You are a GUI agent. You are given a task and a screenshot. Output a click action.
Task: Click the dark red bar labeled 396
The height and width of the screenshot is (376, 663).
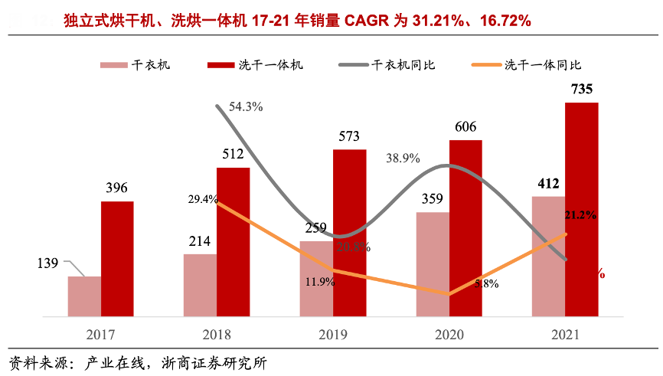click(x=117, y=259)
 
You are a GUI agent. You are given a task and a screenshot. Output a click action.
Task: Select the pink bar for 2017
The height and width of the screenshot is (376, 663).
click(x=84, y=296)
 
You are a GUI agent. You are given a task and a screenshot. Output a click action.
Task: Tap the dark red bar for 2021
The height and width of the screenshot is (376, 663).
click(x=581, y=209)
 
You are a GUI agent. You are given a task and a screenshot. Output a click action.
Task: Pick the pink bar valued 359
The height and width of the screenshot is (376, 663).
click(x=433, y=264)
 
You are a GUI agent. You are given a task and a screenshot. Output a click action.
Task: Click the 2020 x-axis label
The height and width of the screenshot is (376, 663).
click(x=449, y=335)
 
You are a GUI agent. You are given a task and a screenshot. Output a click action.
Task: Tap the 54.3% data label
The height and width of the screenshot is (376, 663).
click(x=246, y=107)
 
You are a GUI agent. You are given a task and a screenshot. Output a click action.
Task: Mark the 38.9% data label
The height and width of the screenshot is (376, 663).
click(x=403, y=158)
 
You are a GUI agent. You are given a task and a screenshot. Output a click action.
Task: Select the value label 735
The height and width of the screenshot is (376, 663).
click(x=581, y=90)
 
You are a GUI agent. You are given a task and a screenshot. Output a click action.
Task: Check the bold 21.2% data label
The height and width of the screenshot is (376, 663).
click(x=580, y=214)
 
